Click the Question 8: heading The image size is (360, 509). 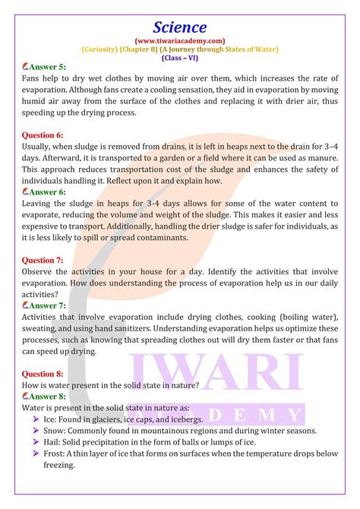tap(43, 373)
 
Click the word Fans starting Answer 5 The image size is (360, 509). tap(33, 79)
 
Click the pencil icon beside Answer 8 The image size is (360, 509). tap(26, 396)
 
